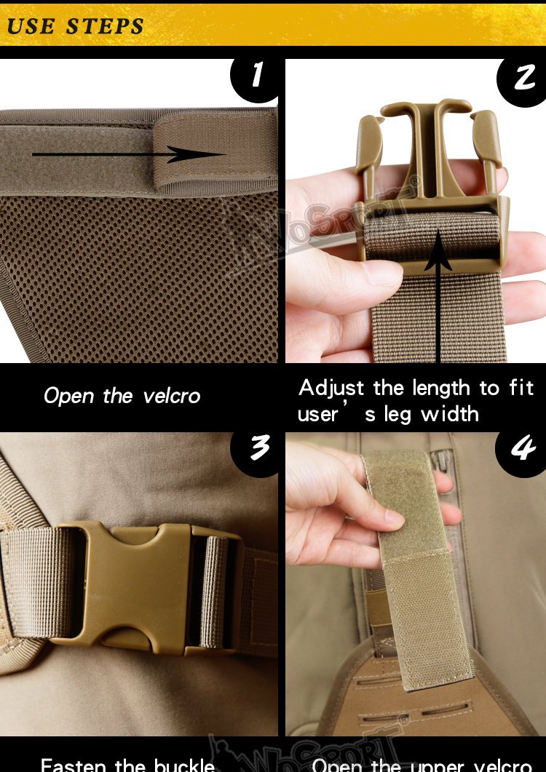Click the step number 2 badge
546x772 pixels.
523,78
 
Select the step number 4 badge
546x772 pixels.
522,450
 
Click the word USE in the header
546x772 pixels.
31,27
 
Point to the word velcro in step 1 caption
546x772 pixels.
172,397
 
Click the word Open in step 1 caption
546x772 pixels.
68,397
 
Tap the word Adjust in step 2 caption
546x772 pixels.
333,389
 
